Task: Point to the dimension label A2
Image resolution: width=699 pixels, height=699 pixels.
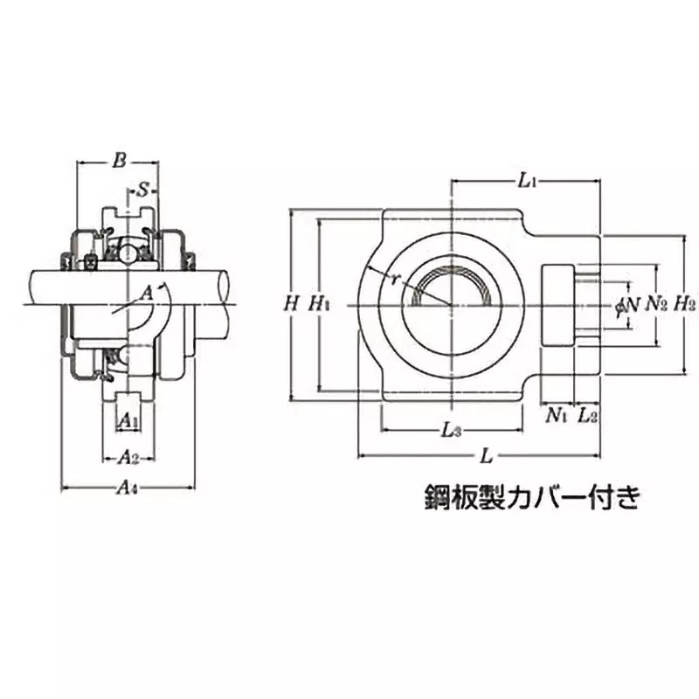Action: [128, 456]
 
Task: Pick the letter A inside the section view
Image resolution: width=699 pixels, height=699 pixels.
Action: [147, 291]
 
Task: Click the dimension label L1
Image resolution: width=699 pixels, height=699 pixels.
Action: [526, 181]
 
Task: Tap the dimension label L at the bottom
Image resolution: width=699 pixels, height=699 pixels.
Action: [487, 455]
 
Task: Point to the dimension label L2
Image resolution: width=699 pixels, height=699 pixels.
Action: [588, 416]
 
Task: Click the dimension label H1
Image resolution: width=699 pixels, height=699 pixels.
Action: [319, 305]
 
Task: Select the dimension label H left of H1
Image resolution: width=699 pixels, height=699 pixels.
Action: [291, 305]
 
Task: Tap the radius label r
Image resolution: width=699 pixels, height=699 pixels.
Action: [395, 280]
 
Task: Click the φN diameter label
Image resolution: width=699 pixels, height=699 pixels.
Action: [627, 305]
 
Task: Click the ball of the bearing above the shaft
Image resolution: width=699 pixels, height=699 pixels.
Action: [128, 253]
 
